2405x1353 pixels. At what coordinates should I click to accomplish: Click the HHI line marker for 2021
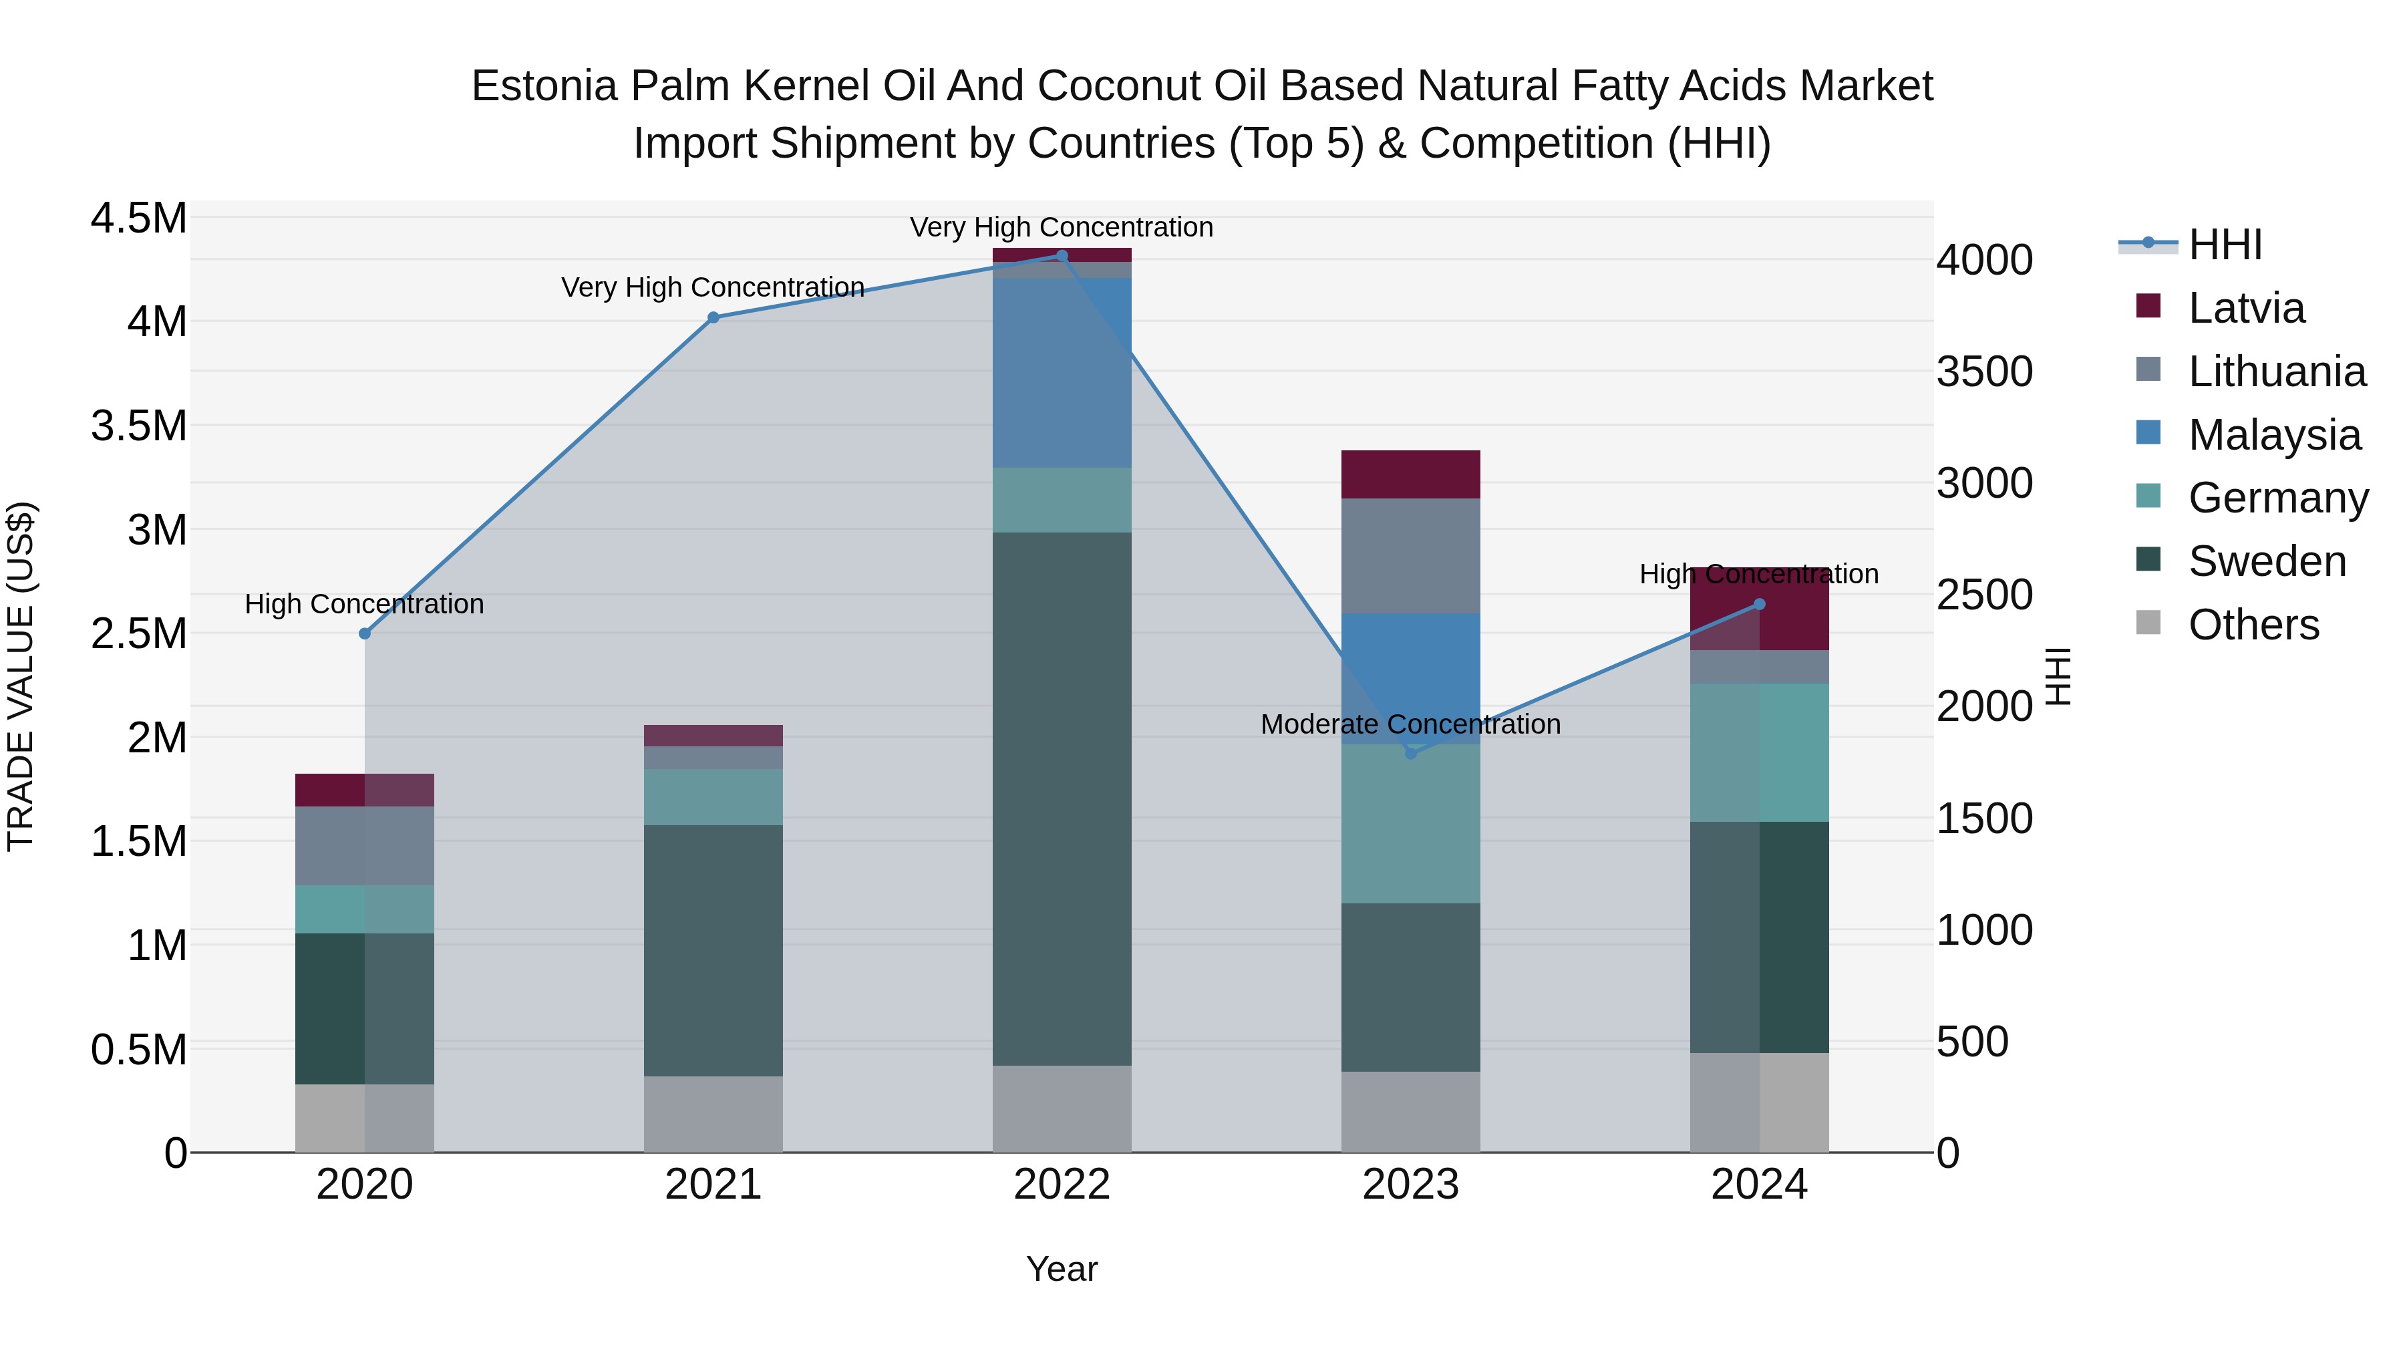[x=713, y=317]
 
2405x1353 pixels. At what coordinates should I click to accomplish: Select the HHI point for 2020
[x=365, y=634]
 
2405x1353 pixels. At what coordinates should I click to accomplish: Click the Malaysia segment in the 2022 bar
[x=1062, y=373]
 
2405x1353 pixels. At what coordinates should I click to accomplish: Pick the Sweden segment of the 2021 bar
[x=713, y=951]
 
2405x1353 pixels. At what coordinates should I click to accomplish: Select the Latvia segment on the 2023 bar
[x=1411, y=474]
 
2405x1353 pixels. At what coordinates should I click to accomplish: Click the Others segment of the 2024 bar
[x=1759, y=1102]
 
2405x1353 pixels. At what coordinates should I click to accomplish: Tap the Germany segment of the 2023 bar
[x=1411, y=824]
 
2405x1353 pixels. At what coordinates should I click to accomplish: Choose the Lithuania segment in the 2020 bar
[x=365, y=846]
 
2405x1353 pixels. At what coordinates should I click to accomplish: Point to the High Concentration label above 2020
[x=364, y=604]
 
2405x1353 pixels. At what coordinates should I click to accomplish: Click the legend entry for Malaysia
[x=2273, y=435]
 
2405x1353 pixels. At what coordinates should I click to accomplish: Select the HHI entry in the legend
[x=2225, y=245]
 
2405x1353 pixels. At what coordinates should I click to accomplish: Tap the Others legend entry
[x=2253, y=625]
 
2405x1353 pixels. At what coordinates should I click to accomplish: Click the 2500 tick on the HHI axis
[x=1984, y=595]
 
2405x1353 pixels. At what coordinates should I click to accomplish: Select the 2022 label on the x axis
[x=1062, y=1185]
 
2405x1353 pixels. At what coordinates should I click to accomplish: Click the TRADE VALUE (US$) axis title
[x=21, y=676]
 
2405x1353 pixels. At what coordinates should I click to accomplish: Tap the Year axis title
[x=1062, y=1269]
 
